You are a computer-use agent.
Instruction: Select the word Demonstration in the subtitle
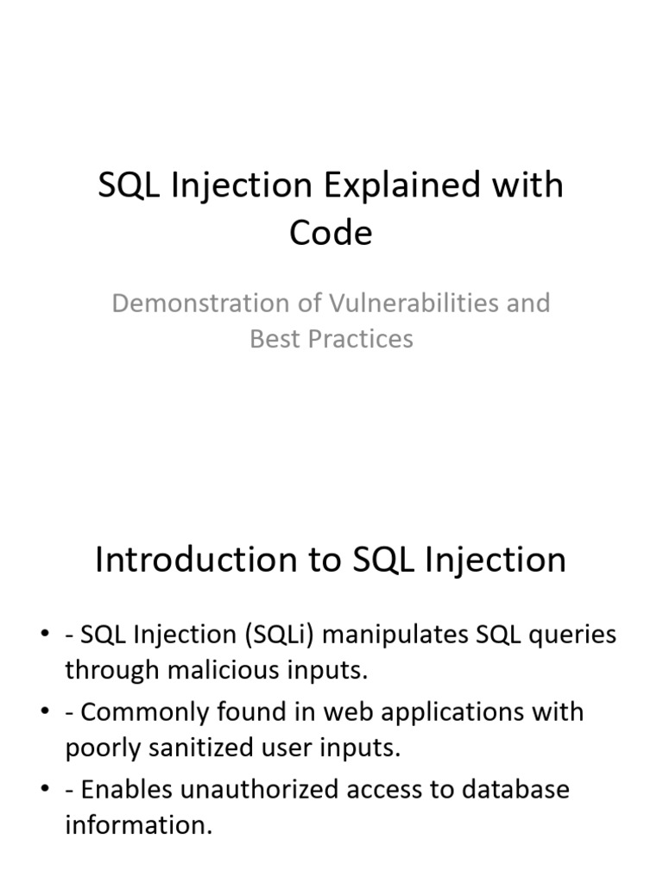pyautogui.click(x=200, y=303)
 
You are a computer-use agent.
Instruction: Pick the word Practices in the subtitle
pyautogui.click(x=361, y=339)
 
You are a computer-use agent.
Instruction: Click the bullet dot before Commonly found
pyautogui.click(x=45, y=711)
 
